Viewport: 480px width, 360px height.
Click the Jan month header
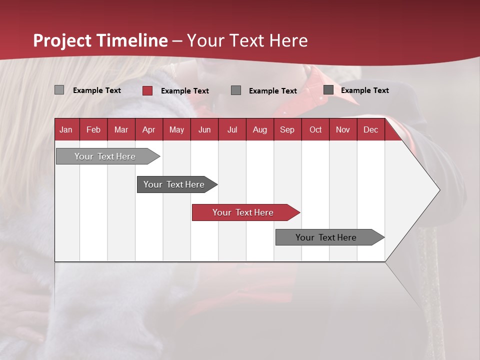66,129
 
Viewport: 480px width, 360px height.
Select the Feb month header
93,129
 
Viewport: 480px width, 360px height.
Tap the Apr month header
149,129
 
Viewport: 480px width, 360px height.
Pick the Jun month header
204,129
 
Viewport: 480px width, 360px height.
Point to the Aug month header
260,129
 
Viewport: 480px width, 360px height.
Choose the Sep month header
287,129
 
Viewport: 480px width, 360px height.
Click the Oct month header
315,129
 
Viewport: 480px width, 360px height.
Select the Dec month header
371,129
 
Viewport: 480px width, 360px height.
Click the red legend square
147,90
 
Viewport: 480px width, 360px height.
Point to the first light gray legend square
59,90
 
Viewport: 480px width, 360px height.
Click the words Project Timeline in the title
100,40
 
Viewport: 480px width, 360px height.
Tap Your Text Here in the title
247,40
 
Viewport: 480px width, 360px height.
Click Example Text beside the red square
185,91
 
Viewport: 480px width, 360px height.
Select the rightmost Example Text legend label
365,90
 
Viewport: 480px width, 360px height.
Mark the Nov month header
343,129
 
